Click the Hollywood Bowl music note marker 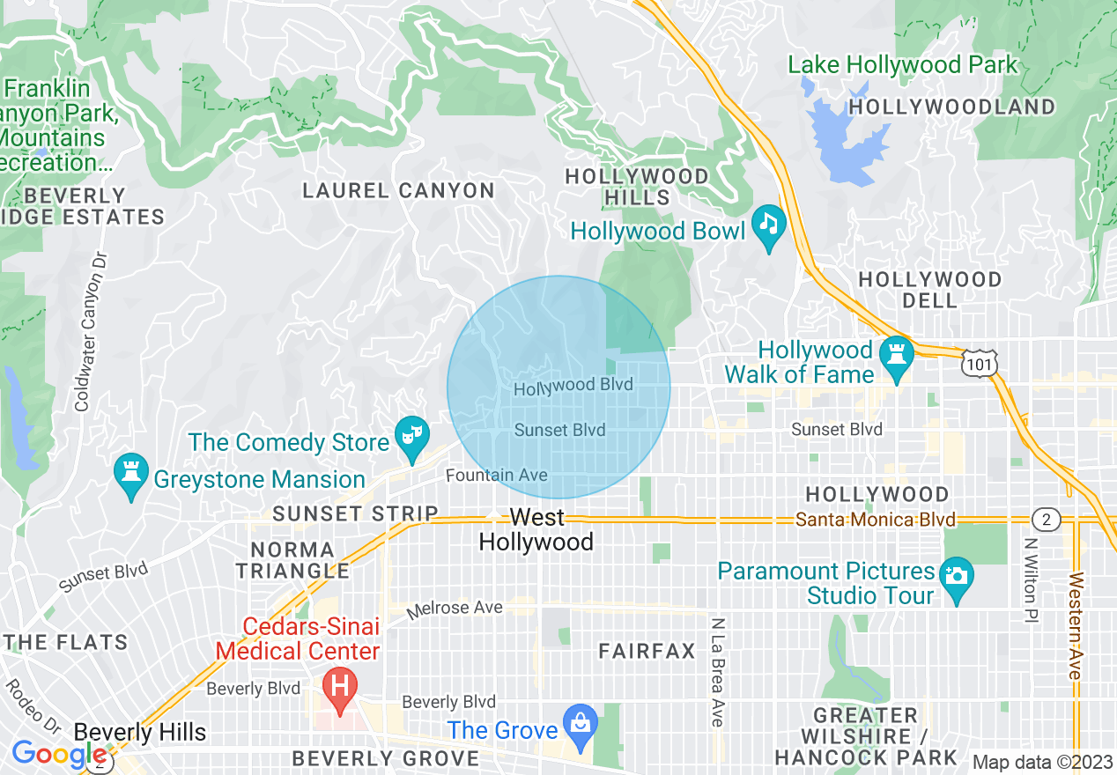(x=769, y=222)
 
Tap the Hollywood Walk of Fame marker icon (x=896, y=352)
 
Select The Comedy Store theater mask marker (x=411, y=433)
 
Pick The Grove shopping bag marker (x=581, y=721)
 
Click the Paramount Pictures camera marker (x=957, y=575)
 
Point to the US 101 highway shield (x=980, y=364)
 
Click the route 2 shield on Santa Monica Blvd (x=1046, y=520)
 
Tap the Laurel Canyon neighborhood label (x=399, y=190)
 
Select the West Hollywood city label (x=536, y=529)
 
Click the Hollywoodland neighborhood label (x=952, y=107)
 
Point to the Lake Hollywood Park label (x=902, y=65)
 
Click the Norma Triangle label (x=292, y=559)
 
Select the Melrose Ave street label (x=455, y=609)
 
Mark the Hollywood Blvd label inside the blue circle (x=573, y=386)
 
